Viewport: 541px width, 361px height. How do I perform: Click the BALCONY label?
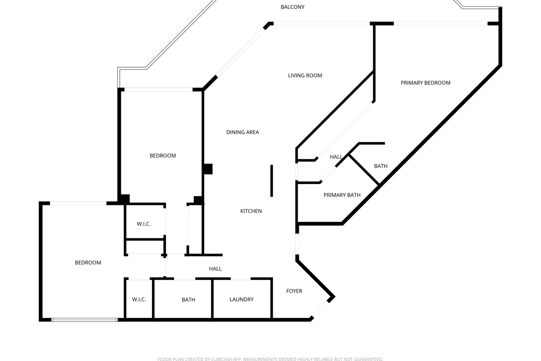click(293, 7)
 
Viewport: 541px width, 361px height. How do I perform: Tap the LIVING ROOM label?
click(305, 76)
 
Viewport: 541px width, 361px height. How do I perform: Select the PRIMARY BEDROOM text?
click(426, 83)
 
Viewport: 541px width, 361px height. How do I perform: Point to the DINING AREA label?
click(243, 133)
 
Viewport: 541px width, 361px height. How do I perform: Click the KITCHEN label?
click(251, 211)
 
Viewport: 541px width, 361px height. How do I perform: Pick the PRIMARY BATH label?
click(342, 195)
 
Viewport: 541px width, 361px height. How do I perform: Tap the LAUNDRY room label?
click(241, 300)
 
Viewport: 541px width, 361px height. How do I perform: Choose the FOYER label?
click(294, 292)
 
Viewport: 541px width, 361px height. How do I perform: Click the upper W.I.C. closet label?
click(143, 224)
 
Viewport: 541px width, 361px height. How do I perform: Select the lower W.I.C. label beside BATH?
click(139, 300)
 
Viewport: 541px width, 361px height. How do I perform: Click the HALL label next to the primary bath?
click(336, 157)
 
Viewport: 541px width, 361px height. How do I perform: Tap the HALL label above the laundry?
click(215, 269)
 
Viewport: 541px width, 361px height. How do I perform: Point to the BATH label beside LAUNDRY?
click(188, 300)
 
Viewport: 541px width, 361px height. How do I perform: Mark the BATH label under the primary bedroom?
click(381, 167)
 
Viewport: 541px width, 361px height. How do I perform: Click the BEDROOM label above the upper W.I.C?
click(163, 156)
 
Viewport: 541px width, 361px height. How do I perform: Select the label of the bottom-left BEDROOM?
click(88, 263)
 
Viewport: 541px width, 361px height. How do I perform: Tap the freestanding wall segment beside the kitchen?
click(271, 180)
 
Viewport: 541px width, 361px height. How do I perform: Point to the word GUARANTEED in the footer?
click(367, 359)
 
